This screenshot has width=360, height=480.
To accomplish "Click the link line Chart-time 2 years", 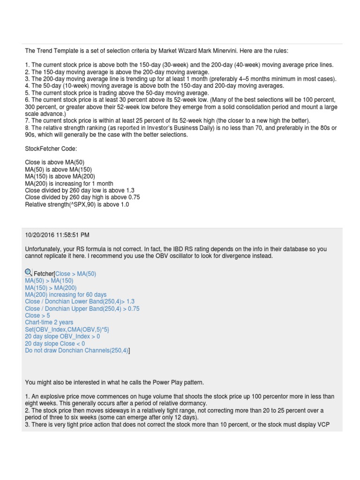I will coord(49,322).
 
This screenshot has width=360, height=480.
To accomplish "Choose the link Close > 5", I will coord(37,315).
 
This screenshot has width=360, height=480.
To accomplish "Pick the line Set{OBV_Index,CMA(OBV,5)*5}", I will coord(67,330).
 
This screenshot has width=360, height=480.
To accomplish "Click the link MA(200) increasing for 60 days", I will coord(66,294).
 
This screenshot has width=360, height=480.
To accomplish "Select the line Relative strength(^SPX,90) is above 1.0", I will coord(77,204).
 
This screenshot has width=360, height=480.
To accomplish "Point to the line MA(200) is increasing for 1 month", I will coord(69,183).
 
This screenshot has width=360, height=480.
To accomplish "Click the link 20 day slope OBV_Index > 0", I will coord(62,337).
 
